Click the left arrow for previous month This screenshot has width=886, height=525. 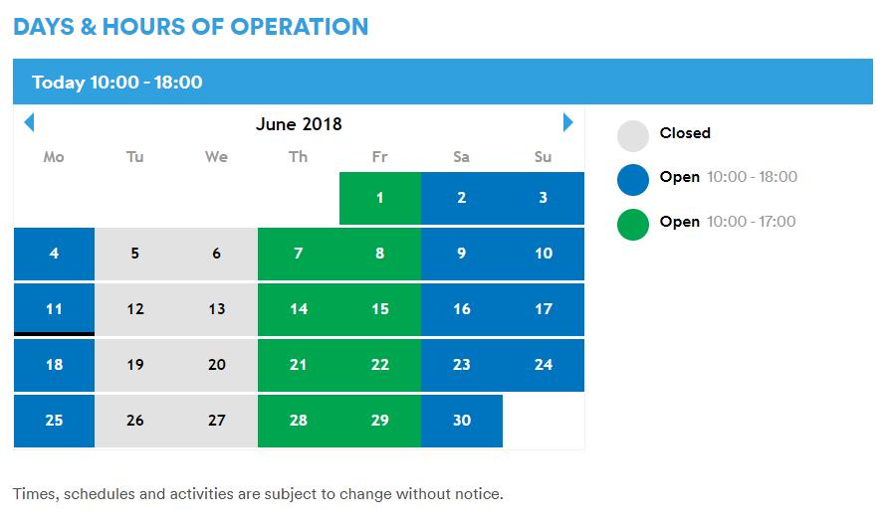coord(29,122)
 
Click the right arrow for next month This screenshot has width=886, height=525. coord(568,122)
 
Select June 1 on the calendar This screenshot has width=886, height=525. coord(380,198)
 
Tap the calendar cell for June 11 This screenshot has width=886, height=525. coord(54,309)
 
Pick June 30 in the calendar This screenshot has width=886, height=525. coord(462,421)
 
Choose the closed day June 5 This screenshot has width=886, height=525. coord(135,254)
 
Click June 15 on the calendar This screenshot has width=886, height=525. coord(380,309)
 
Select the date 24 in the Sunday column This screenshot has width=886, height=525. coord(544,365)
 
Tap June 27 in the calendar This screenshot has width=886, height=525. coord(217,421)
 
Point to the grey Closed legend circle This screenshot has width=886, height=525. coord(633,134)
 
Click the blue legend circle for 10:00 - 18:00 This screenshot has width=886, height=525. coord(633,179)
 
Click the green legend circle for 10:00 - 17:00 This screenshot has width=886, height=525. coord(633,223)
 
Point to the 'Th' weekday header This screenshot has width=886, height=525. coord(299,157)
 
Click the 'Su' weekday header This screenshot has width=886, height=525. coord(544,157)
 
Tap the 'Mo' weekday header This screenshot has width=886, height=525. coord(54,157)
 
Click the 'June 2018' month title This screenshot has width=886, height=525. coord(299,124)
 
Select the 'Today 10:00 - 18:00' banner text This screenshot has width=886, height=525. coord(117,83)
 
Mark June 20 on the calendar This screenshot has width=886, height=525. coord(217,365)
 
